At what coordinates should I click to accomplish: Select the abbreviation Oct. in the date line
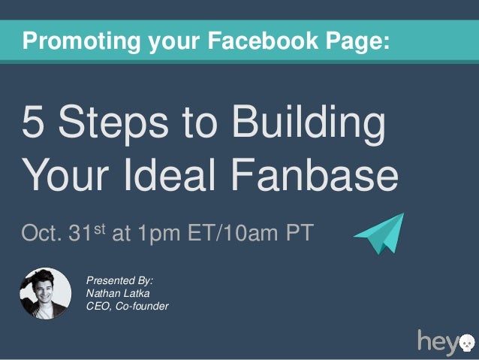point(44,234)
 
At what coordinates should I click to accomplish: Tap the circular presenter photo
point(46,292)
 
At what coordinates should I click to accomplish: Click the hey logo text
point(437,342)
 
